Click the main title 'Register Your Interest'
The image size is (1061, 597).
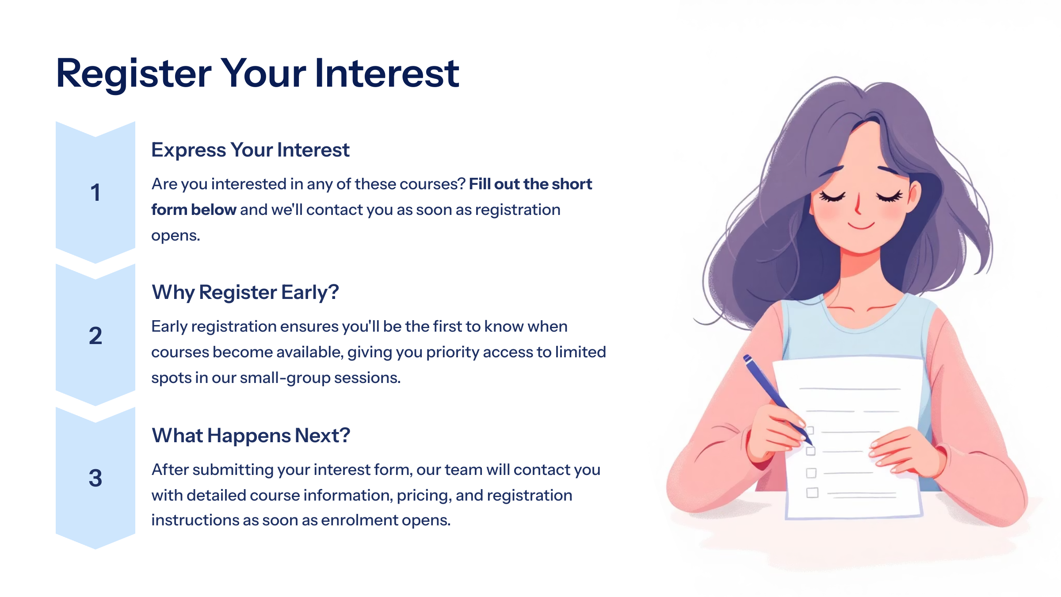(258, 73)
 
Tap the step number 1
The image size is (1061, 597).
(95, 193)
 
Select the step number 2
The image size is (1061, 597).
(95, 336)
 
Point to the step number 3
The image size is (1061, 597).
(95, 478)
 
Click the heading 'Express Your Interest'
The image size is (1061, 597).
(250, 150)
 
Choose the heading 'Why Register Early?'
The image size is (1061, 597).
(245, 293)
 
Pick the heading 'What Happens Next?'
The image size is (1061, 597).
(251, 436)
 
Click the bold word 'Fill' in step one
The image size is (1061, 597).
(479, 184)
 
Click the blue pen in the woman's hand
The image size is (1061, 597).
(778, 399)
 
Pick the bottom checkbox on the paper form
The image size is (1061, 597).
(812, 493)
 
